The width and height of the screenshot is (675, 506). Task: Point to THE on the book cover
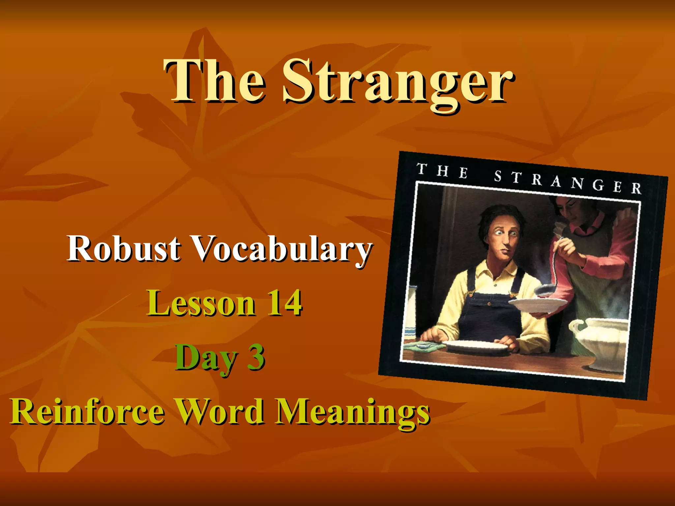(x=442, y=170)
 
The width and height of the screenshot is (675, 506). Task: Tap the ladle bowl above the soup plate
(x=545, y=289)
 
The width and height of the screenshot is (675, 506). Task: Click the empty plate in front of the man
(x=476, y=346)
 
